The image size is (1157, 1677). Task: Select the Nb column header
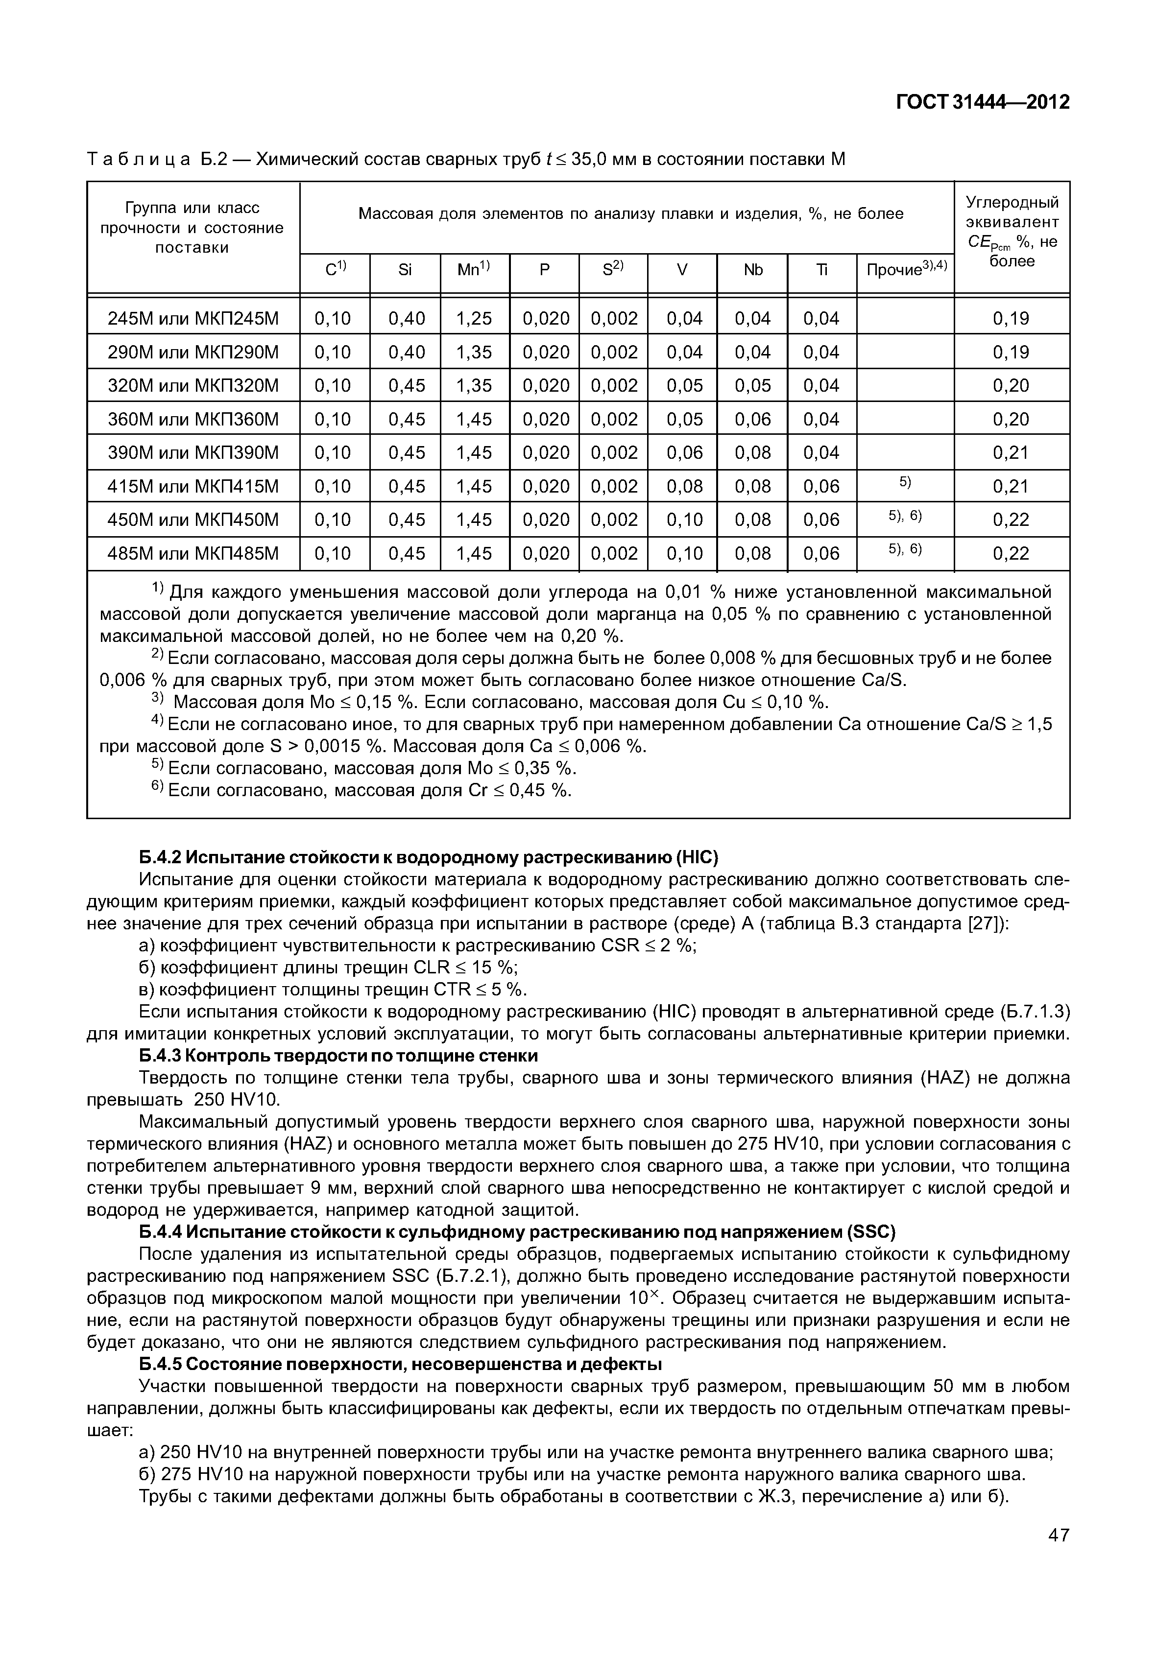(x=752, y=270)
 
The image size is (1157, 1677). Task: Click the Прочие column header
(x=906, y=270)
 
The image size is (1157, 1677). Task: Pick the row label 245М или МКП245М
(x=193, y=318)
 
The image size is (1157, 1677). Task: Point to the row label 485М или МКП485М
(x=193, y=554)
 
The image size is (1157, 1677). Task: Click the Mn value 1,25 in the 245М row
(x=474, y=318)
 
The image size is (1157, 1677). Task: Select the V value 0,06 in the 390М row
(x=684, y=453)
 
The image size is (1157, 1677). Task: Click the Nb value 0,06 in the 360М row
(x=752, y=420)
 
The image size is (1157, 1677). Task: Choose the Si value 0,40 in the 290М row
(x=406, y=352)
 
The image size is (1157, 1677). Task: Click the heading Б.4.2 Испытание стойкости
(x=428, y=858)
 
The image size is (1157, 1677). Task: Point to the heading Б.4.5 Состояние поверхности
(x=400, y=1364)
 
